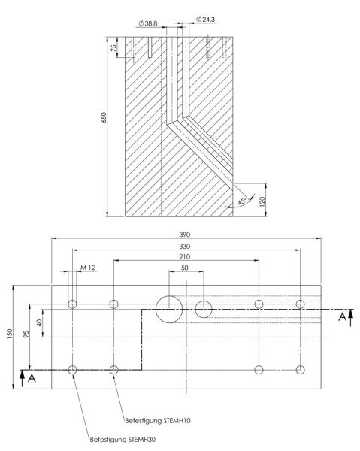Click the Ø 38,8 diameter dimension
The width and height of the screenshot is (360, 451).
point(148,23)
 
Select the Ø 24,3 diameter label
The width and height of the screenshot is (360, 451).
point(205,20)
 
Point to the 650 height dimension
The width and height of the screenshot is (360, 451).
point(104,117)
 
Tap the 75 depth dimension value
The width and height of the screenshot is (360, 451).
point(114,47)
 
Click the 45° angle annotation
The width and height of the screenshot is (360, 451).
point(242,201)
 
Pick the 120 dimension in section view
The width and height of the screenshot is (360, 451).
point(262,201)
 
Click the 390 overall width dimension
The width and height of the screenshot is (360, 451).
point(185,235)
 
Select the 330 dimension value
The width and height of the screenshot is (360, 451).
point(185,247)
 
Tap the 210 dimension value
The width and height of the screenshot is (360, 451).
point(185,256)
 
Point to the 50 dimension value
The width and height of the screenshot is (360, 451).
point(185,268)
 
